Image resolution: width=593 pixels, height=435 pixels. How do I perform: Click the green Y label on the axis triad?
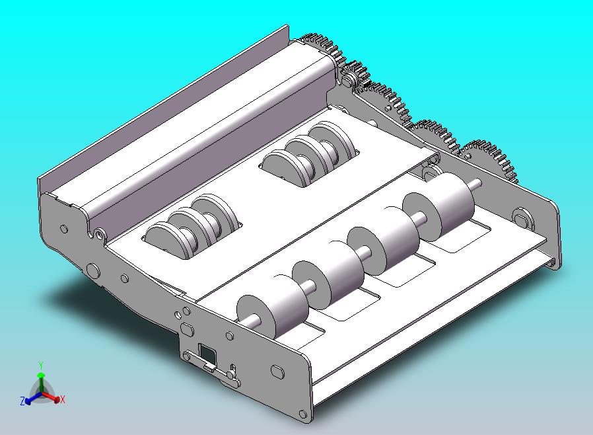41,366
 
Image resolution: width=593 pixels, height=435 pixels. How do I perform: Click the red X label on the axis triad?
62,399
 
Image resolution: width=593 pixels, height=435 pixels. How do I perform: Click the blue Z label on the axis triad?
22,401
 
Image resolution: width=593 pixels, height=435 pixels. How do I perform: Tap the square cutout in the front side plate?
207,352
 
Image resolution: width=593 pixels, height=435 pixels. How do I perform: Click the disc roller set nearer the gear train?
309,153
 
